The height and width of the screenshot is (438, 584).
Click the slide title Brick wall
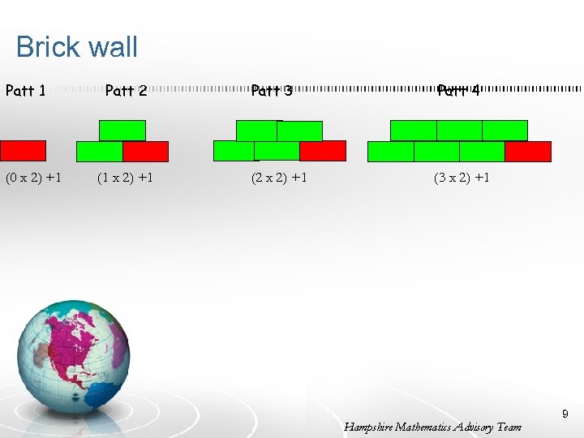(x=77, y=47)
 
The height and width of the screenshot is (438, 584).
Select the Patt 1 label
(x=25, y=91)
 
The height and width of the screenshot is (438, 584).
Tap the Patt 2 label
(x=126, y=91)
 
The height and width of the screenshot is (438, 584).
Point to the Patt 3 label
(x=272, y=91)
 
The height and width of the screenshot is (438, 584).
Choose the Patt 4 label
(x=458, y=91)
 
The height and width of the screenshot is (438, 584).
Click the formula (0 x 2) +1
(x=34, y=178)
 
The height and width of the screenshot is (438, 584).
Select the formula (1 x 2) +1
(x=125, y=178)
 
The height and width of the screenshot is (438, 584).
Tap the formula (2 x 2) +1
(x=279, y=178)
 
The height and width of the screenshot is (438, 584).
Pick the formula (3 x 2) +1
(x=462, y=178)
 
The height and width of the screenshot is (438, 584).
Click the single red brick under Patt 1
(x=23, y=151)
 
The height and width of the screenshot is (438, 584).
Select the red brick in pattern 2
(x=146, y=152)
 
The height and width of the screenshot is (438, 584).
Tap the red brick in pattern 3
(x=323, y=151)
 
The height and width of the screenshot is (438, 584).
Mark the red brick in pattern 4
(x=528, y=152)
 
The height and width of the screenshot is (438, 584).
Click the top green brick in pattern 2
(x=122, y=131)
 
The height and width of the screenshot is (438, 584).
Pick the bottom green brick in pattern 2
(x=99, y=152)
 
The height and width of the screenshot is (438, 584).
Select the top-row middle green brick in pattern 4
(x=459, y=131)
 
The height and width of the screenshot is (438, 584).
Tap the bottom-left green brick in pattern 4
(x=391, y=152)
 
